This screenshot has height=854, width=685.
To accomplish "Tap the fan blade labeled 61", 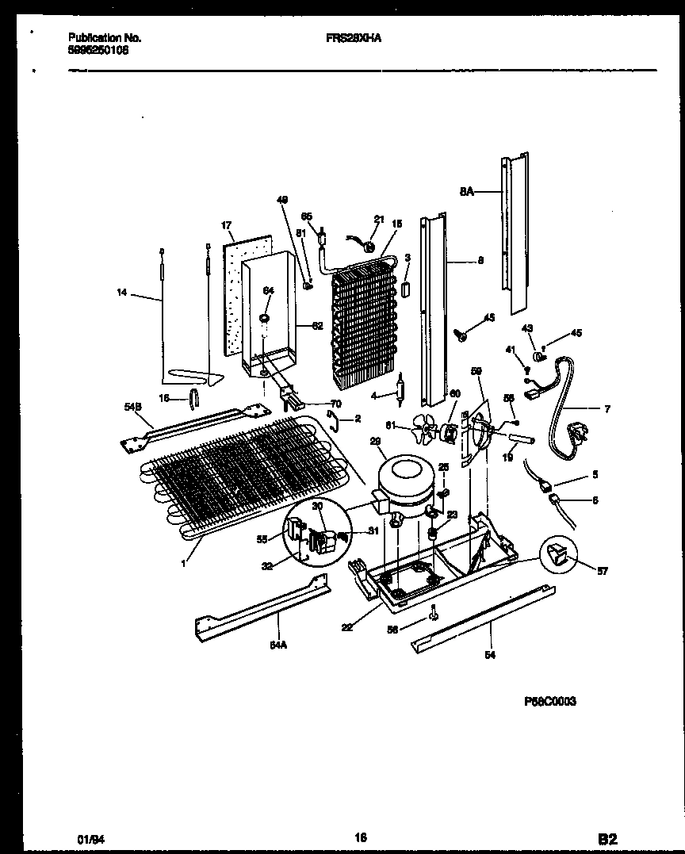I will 427,432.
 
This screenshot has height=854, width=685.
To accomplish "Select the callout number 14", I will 121,293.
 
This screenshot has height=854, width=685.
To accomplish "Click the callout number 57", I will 602,570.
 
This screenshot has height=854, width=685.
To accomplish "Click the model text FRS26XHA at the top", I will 353,37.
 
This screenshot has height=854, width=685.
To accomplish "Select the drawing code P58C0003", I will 549,701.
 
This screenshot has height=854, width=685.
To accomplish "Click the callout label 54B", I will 132,408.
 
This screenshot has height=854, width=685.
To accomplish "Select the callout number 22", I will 346,627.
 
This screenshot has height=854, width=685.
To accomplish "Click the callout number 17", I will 227,226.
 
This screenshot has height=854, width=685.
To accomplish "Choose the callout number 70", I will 335,404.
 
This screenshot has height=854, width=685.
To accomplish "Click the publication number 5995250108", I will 99,49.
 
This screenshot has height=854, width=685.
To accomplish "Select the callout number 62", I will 317,325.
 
